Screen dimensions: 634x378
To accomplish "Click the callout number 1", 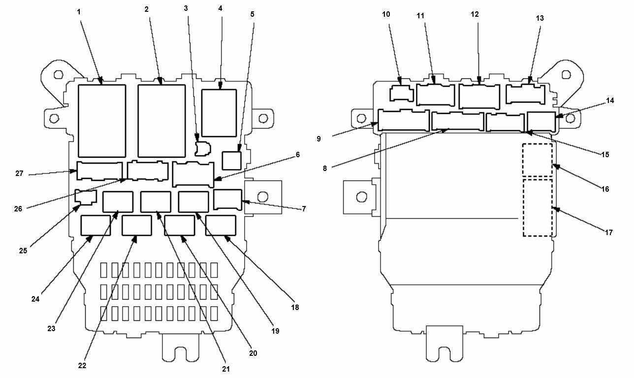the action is tap(79, 12).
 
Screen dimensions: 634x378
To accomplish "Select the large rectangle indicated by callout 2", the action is tap(161, 121).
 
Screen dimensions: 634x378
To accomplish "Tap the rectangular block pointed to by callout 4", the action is tap(219, 113).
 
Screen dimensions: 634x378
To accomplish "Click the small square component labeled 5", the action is tap(232, 161).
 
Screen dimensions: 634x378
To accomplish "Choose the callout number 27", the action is tap(19, 173).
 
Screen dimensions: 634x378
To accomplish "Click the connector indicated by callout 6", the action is tap(193, 174).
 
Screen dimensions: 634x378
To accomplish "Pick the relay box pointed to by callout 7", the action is tap(227, 200).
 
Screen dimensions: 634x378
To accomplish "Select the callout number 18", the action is tap(295, 307).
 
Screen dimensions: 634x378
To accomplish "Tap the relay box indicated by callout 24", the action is tap(95, 225).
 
